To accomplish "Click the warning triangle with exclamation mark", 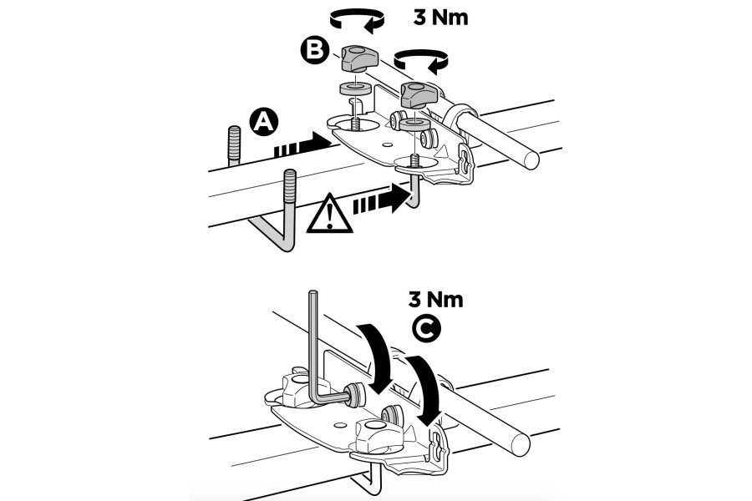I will tap(330, 215).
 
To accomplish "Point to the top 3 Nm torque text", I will tap(442, 17).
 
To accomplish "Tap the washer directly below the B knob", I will tap(354, 88).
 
